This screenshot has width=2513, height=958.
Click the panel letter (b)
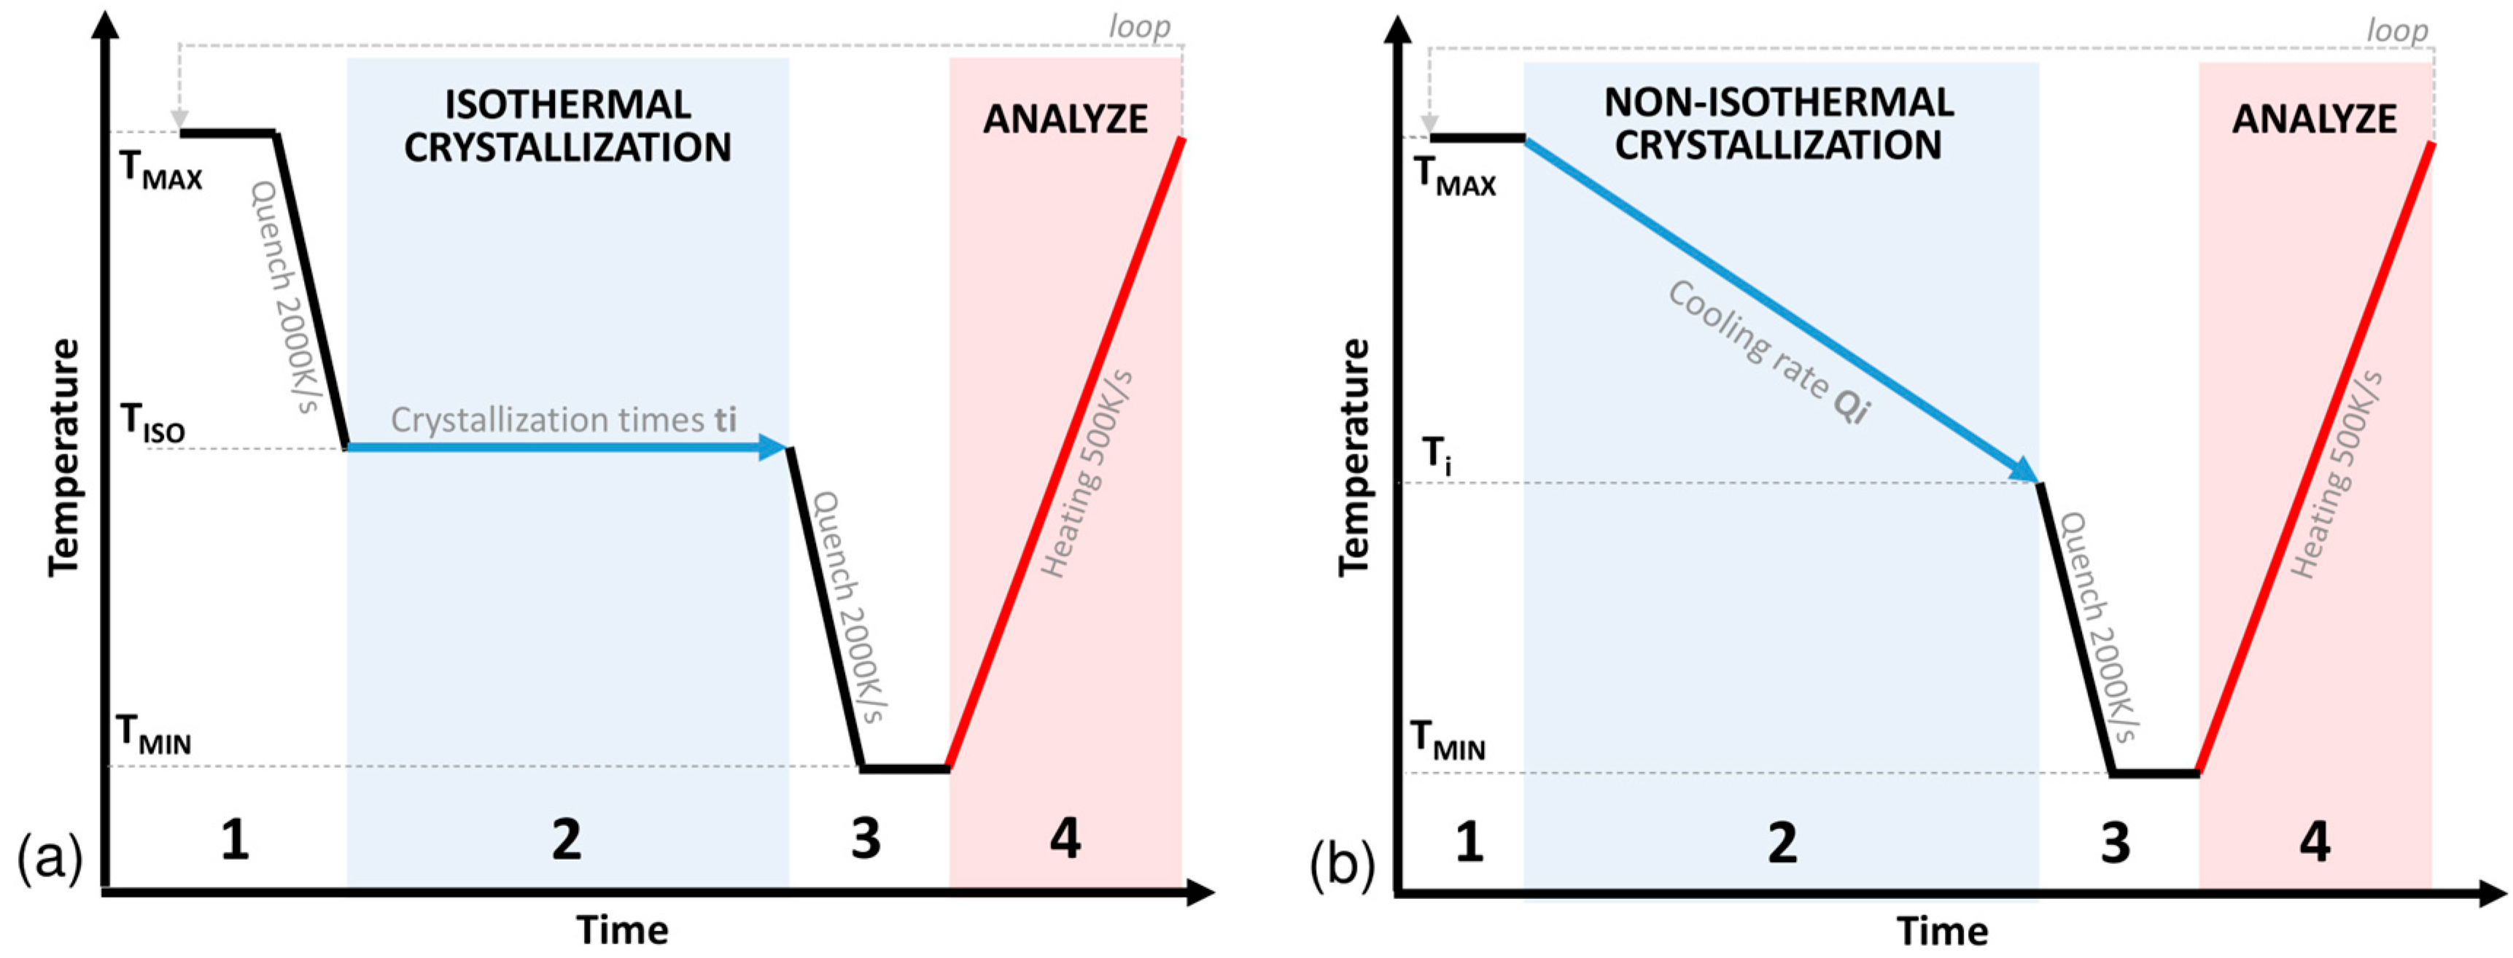tap(1341, 862)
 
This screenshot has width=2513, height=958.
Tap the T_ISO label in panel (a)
tap(152, 424)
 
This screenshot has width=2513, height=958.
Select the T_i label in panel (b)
tap(1436, 456)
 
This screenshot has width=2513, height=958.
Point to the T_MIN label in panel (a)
tap(153, 735)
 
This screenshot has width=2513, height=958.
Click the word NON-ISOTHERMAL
tap(1779, 102)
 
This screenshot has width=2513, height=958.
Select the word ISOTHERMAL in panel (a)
tap(568, 104)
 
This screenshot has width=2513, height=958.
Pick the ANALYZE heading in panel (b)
tap(2314, 119)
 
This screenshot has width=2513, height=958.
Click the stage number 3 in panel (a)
tap(866, 839)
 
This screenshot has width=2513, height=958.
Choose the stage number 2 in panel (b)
tap(1782, 843)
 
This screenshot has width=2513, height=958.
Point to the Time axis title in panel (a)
tap(622, 930)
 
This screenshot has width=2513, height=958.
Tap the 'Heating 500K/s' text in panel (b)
tap(2336, 475)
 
